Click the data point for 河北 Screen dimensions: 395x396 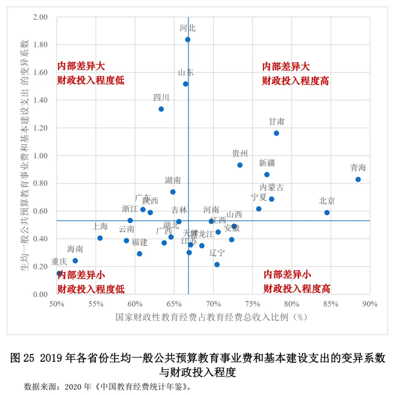[188, 40]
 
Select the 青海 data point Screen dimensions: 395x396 [358, 180]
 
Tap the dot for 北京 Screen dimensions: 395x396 [327, 213]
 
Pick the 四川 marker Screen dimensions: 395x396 [161, 109]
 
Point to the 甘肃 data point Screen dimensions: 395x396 [276, 133]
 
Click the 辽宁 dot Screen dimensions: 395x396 [217, 265]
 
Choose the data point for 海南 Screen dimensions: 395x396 [75, 261]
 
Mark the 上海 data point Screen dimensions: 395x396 [100, 238]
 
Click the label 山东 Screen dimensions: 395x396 [186, 72]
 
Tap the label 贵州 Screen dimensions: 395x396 [240, 153]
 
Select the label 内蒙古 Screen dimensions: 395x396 [272, 187]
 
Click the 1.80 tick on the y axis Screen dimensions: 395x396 [41, 45]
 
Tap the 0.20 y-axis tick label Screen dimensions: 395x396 [41, 267]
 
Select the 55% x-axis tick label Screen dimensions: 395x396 [96, 304]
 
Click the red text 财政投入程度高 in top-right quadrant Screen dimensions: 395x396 [295, 81]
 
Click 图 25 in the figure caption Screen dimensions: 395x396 [23, 358]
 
